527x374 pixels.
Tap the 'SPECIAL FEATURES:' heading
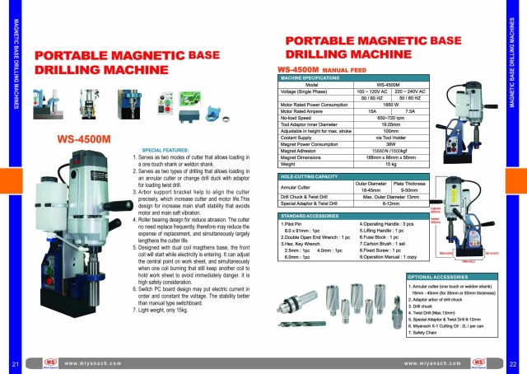pos(166,151)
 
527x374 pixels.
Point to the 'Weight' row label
pos(290,163)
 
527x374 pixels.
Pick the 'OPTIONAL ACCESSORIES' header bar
pos(441,277)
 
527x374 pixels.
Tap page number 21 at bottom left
pos(15,363)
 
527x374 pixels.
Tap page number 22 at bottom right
pos(512,363)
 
